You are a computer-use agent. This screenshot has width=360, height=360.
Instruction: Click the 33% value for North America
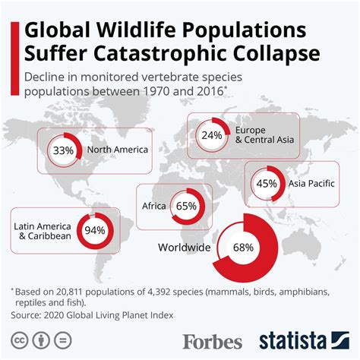pyautogui.click(x=63, y=150)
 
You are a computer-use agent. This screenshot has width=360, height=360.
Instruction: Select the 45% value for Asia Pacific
pyautogui.click(x=266, y=183)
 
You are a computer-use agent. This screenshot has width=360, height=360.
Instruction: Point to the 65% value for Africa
pyautogui.click(x=186, y=206)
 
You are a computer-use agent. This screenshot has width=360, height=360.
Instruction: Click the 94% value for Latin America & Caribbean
pyautogui.click(x=95, y=231)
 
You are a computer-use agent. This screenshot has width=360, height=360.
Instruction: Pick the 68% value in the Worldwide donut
pyautogui.click(x=243, y=247)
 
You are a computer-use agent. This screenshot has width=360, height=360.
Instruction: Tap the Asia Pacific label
pyautogui.click(x=311, y=183)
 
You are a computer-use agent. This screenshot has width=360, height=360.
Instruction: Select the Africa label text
pyautogui.click(x=154, y=206)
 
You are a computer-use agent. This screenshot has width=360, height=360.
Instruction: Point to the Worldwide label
pyautogui.click(x=184, y=247)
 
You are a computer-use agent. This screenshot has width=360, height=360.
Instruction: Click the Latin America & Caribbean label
pyautogui.click(x=43, y=231)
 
